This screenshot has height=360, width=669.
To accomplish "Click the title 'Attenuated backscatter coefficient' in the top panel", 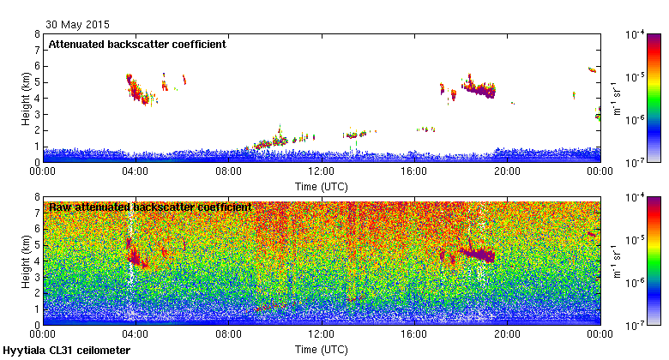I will coord(137,45).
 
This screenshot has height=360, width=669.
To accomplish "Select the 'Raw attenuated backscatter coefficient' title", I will coord(149,207).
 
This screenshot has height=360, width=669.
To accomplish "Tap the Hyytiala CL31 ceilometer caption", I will coord(67,351).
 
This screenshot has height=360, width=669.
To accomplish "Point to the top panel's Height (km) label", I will coord(26,98).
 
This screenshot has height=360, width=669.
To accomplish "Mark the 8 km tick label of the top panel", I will coord(36,34).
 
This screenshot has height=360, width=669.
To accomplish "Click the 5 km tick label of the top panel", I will coord(36,82).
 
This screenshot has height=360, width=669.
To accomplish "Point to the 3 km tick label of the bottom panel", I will coord(36,277).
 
